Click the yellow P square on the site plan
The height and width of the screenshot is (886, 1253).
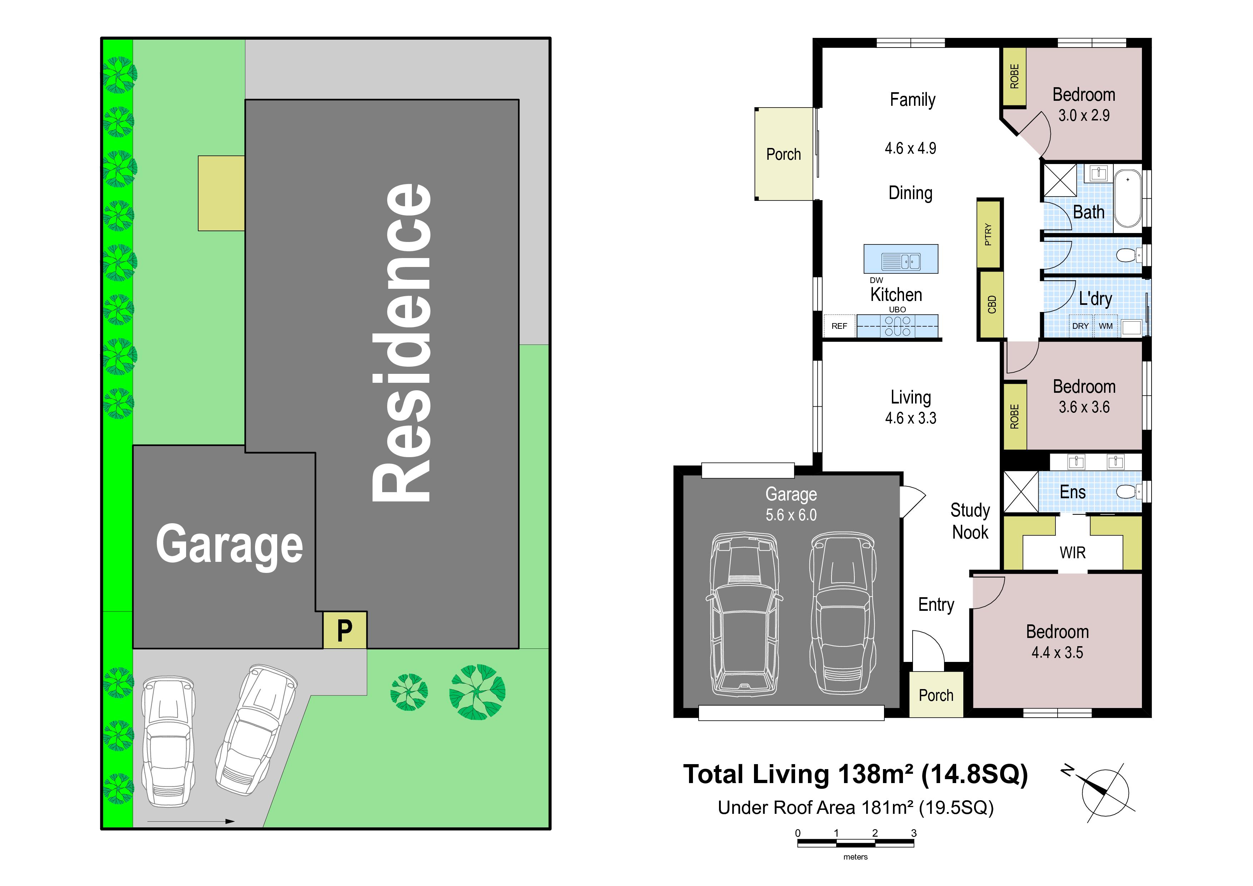(x=345, y=630)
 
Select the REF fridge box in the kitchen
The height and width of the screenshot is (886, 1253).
(x=839, y=326)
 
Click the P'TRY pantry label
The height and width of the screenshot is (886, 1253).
(x=988, y=235)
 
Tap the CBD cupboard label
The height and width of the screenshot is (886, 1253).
(x=992, y=305)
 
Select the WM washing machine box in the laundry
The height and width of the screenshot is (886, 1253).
(x=1105, y=326)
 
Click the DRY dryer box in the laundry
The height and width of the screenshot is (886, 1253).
(x=1080, y=326)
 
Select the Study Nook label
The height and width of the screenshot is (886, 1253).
(x=970, y=521)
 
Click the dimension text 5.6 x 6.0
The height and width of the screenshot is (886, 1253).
(x=791, y=515)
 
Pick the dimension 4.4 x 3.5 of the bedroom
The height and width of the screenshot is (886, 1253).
(x=1057, y=652)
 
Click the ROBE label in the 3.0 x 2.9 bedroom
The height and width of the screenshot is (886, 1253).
(x=1014, y=76)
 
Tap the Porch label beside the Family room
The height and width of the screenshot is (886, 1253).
(x=784, y=154)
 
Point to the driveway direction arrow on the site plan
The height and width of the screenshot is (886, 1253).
(x=191, y=821)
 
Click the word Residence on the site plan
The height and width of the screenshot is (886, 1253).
(x=402, y=343)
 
